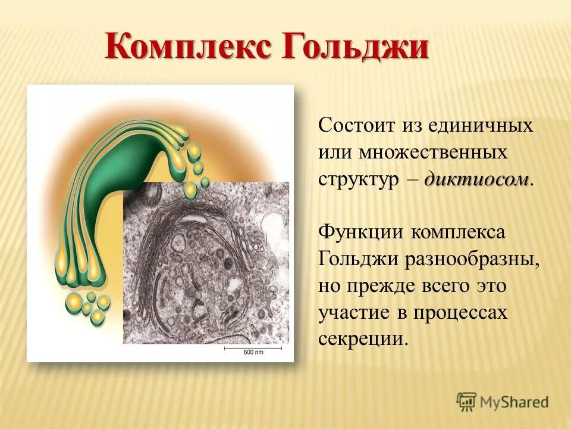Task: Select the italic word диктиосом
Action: click(x=476, y=179)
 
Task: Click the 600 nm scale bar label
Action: click(x=253, y=353)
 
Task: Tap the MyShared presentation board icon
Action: click(x=467, y=401)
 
